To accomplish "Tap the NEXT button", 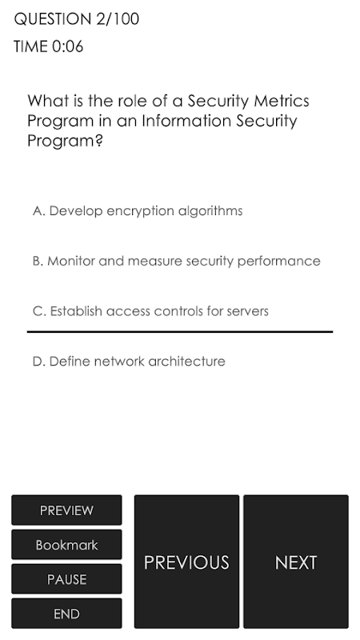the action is [x=296, y=562].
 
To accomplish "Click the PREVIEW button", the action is [x=66, y=510].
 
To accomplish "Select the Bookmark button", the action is [x=66, y=545].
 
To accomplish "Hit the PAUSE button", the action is [x=66, y=578].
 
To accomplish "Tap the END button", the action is [x=66, y=614].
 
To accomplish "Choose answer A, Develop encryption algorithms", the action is [x=138, y=211].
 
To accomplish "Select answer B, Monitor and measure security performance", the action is [x=176, y=262].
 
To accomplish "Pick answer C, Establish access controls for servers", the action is [x=150, y=311].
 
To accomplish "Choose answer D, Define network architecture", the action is [x=129, y=362].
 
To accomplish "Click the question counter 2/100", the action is [x=118, y=19].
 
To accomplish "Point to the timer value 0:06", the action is [x=68, y=46].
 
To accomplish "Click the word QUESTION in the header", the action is [x=53, y=19].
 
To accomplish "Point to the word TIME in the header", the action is [x=30, y=46].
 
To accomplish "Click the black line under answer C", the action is [x=180, y=332].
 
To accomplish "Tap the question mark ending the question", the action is [x=98, y=141].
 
